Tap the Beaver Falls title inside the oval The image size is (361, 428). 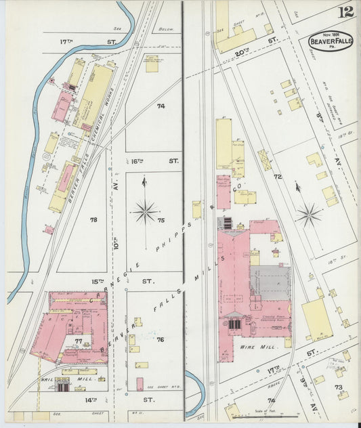[x=331, y=43]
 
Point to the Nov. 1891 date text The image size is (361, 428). [x=331, y=34]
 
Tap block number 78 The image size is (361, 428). [x=93, y=219]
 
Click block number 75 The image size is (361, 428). [x=161, y=219]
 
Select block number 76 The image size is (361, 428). [x=161, y=339]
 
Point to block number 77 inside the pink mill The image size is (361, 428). [x=79, y=341]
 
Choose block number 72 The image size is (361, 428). [x=277, y=176]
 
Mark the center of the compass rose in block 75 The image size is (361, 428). [x=145, y=212]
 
